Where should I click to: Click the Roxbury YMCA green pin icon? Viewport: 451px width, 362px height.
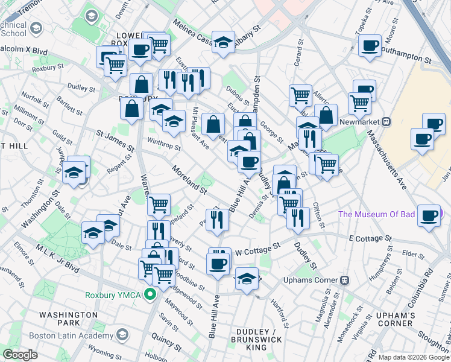151,295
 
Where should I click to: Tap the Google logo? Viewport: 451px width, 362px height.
20,355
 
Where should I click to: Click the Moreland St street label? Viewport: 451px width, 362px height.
189,179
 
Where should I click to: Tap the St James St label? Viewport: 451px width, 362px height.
115,139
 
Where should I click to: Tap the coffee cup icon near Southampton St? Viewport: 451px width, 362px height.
369,45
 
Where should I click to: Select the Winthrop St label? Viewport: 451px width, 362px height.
165,145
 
